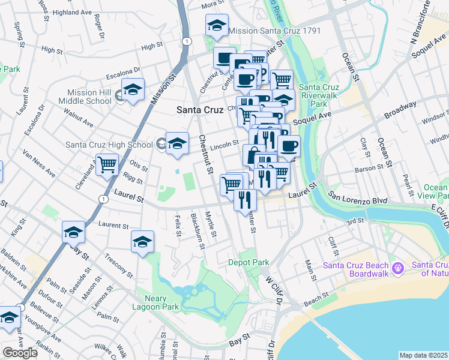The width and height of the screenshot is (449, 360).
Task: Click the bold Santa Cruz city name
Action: pos(199,110)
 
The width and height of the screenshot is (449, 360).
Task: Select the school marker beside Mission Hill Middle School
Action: pos(133,89)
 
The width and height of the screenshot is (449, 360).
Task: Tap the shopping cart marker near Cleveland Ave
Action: pos(107,164)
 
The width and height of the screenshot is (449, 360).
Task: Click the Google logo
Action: pos(20,353)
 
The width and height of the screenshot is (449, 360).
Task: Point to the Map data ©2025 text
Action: pos(423,355)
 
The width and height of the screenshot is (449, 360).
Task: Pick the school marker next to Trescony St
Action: pos(142,242)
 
